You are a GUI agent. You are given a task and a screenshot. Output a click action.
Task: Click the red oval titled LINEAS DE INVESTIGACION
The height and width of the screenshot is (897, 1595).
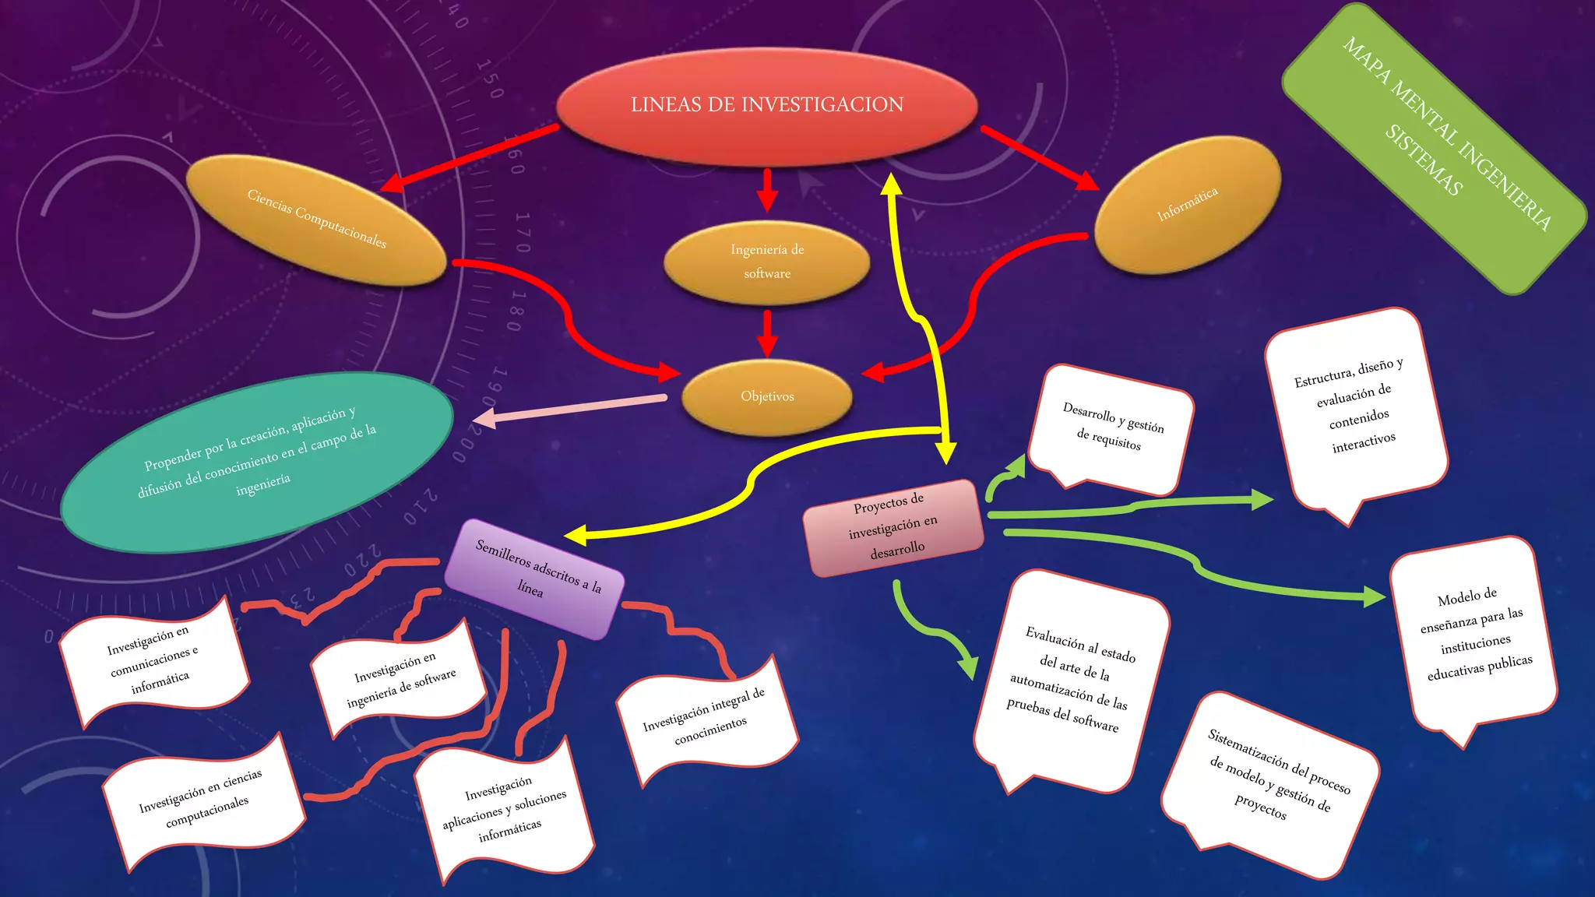[767, 106]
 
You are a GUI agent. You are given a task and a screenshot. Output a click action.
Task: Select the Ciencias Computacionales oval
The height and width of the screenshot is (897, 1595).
[316, 219]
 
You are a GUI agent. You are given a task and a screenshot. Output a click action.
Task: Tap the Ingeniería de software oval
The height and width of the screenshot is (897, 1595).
[767, 262]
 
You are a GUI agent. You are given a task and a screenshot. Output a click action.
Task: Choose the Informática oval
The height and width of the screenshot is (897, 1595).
[1188, 204]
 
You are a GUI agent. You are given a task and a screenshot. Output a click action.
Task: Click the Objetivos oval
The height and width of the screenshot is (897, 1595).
[767, 396]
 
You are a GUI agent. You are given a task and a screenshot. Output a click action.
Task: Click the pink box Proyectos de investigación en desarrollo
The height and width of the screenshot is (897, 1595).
[894, 527]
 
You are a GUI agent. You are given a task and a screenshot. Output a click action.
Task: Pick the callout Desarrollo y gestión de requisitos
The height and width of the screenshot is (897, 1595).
[1111, 428]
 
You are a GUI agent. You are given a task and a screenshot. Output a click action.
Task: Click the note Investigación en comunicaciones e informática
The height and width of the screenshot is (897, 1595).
[154, 661]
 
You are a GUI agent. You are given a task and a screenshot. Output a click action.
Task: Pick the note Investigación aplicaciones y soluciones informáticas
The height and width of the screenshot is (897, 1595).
[505, 809]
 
